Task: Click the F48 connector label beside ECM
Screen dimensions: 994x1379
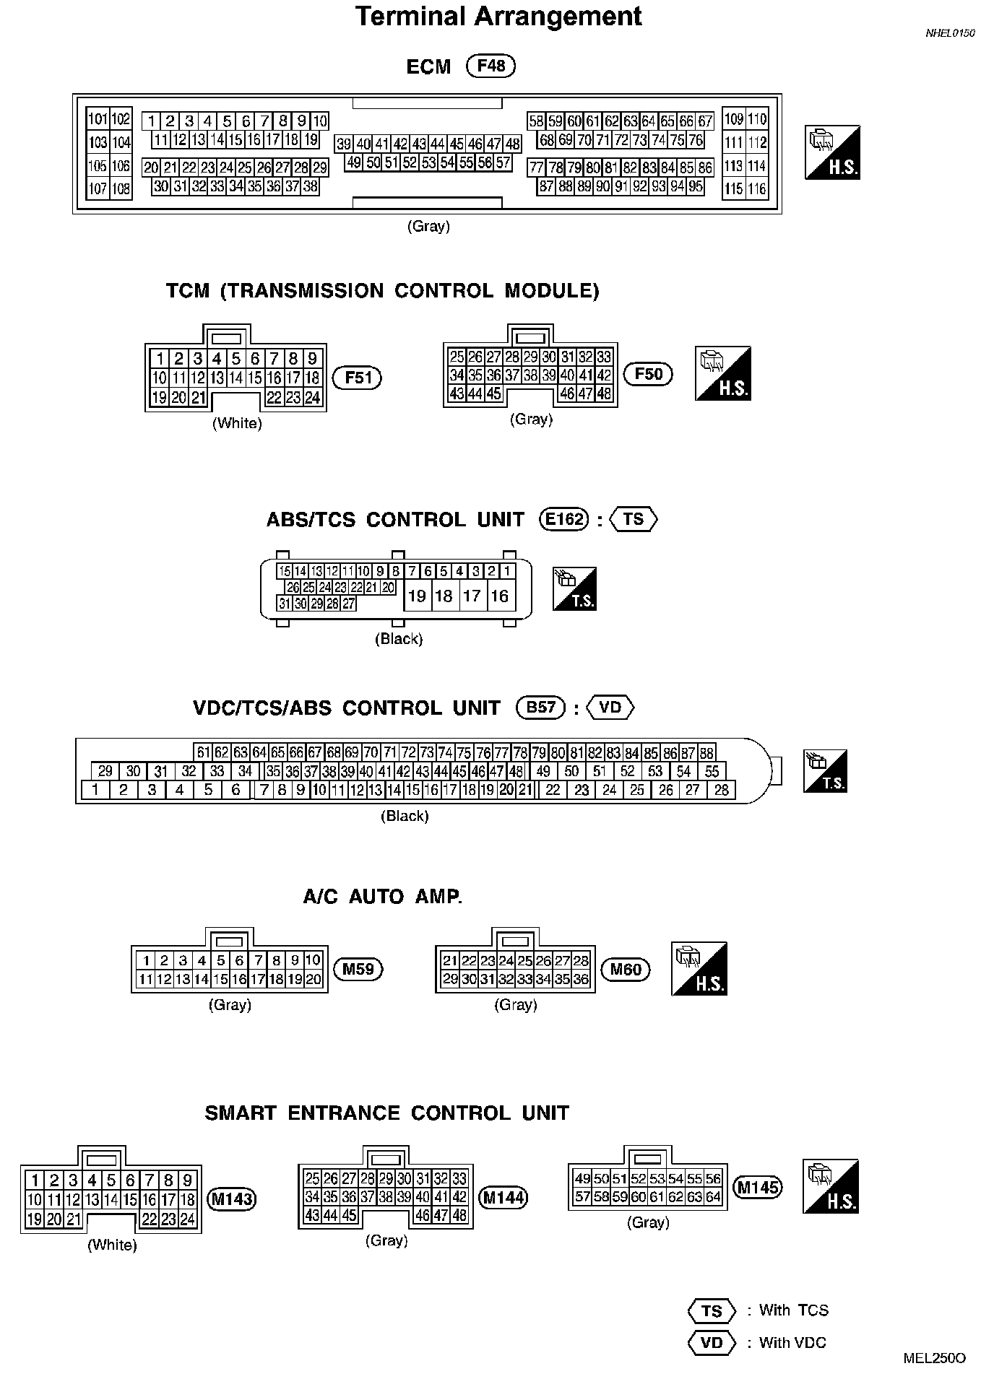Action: coord(491,66)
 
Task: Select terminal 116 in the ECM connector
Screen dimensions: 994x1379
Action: coord(756,189)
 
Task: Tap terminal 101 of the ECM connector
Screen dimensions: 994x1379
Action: coord(98,119)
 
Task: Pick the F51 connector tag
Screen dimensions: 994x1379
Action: coord(357,378)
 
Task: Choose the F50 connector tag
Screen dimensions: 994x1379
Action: coord(648,374)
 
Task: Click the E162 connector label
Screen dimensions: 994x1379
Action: coord(565,520)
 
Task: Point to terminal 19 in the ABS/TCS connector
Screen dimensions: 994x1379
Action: coord(417,596)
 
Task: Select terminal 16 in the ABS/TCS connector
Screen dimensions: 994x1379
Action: coord(499,596)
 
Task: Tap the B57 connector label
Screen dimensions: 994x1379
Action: coord(540,708)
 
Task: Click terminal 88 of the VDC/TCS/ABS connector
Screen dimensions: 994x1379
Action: coord(706,752)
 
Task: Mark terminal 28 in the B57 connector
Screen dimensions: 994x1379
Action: coord(721,790)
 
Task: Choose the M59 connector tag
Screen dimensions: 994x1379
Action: coord(358,969)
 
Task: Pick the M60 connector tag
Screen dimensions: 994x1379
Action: coord(626,969)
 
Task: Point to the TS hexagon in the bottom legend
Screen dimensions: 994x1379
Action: coord(712,1310)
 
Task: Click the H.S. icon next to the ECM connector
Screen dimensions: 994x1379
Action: coord(832,152)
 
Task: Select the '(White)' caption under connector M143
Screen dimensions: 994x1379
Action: coord(112,1245)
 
